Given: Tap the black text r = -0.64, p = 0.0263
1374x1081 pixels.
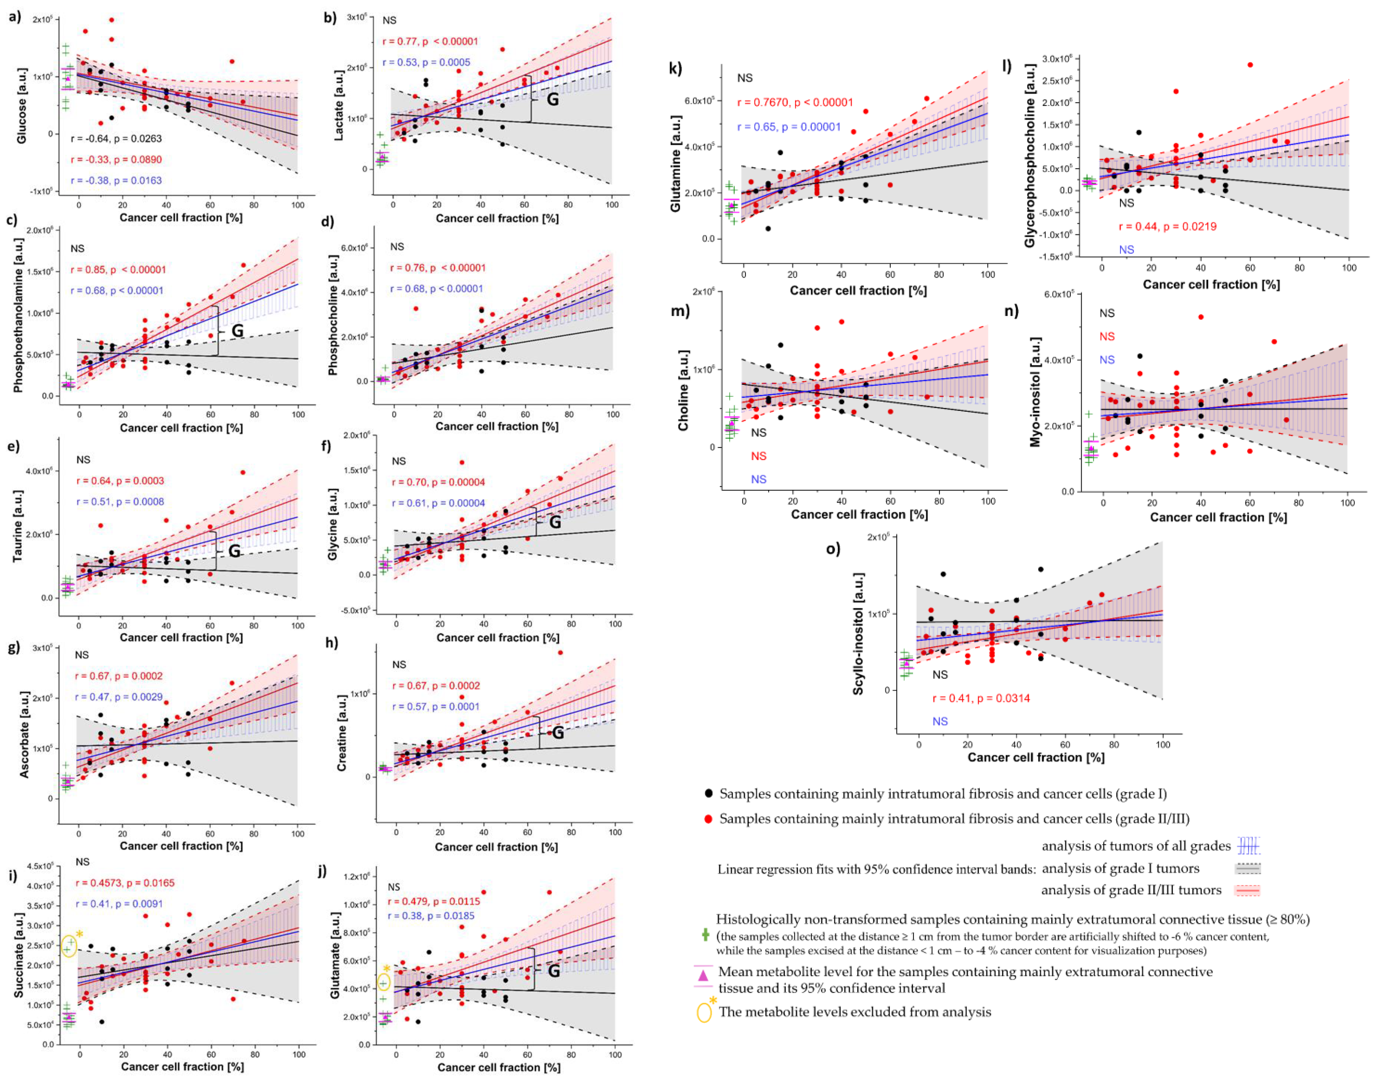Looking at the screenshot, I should (x=116, y=139).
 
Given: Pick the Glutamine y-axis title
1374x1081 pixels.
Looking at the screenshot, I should (x=676, y=163).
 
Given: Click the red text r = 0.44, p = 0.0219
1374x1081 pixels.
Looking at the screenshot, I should (x=1167, y=227).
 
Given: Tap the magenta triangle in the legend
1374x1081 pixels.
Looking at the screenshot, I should (x=703, y=975).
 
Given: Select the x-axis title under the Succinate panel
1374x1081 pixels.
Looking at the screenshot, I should (x=182, y=1066).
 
